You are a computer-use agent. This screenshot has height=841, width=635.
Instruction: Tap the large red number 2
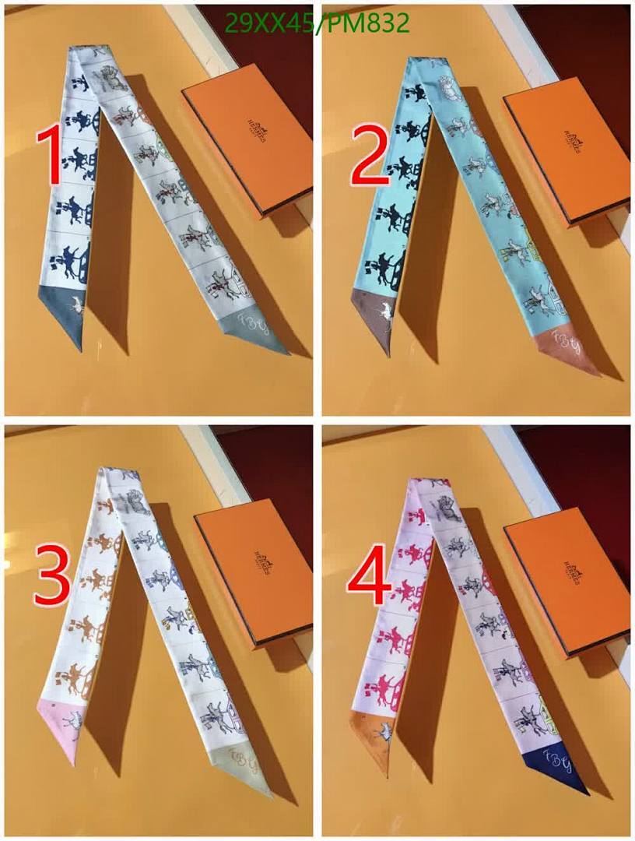coord(369,156)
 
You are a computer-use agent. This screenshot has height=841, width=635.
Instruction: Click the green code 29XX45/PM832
coord(315,23)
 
